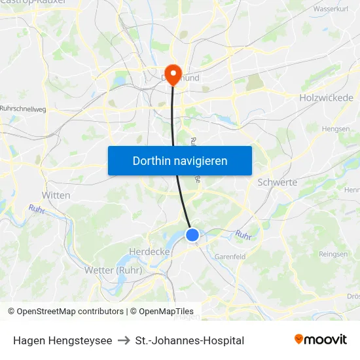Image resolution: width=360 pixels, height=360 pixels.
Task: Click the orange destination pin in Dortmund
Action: pyautogui.click(x=173, y=73)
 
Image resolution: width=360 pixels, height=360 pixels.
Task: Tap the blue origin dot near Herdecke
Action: pyautogui.click(x=192, y=234)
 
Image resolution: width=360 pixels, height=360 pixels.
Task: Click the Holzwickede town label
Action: pyautogui.click(x=325, y=98)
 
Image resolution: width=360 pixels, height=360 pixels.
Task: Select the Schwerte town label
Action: pyautogui.click(x=278, y=183)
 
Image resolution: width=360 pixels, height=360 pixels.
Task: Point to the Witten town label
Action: pyautogui.click(x=56, y=195)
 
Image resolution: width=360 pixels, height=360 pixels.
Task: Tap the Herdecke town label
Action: pyautogui.click(x=149, y=252)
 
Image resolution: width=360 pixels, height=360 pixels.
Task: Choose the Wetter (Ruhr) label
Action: pyautogui.click(x=113, y=270)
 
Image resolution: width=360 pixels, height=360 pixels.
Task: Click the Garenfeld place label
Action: pyautogui.click(x=230, y=257)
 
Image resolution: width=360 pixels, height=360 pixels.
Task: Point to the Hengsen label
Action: pyautogui.click(x=336, y=129)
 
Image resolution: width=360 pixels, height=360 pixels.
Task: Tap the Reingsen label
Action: pyautogui.click(x=333, y=253)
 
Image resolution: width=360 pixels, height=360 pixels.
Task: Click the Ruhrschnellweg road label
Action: pyautogui.click(x=23, y=109)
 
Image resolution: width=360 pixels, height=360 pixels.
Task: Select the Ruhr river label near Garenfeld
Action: pyautogui.click(x=243, y=234)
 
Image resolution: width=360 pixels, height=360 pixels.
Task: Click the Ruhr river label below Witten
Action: pyautogui.click(x=36, y=209)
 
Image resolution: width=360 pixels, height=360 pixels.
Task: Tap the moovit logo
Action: pyautogui.click(x=321, y=340)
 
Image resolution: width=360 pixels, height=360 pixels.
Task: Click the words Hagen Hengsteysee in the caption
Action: pyautogui.click(x=62, y=340)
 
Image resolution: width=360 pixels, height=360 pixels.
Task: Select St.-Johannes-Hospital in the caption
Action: pyautogui.click(x=190, y=340)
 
